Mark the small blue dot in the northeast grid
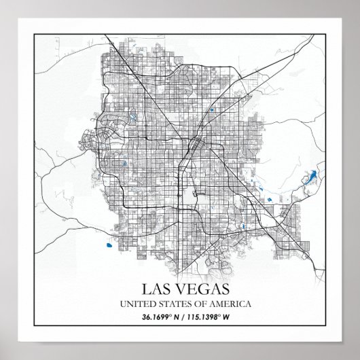pos(213,109)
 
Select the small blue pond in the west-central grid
pos(124,163)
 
